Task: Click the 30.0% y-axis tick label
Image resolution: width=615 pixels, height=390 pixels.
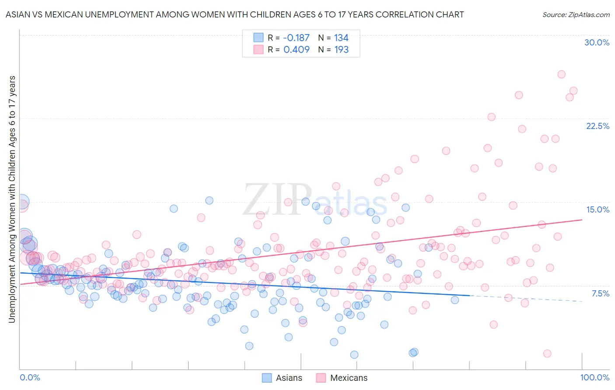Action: tap(597, 42)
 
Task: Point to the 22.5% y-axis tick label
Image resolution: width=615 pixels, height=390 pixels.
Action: tap(598, 126)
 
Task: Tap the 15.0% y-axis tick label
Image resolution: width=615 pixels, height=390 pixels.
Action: tap(598, 209)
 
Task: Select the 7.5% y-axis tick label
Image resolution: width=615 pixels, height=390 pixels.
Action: tap(600, 293)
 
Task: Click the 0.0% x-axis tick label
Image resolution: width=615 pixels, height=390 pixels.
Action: tap(30, 377)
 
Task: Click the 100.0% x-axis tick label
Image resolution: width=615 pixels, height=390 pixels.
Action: tap(594, 377)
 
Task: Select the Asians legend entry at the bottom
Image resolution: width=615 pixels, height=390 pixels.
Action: tap(282, 378)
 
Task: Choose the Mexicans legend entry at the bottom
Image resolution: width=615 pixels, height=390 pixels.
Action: tap(342, 378)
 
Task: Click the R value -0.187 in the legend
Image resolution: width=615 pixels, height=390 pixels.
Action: tap(296, 38)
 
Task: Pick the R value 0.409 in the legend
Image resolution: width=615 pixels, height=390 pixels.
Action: tap(296, 50)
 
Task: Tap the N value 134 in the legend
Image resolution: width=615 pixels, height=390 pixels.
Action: tap(341, 38)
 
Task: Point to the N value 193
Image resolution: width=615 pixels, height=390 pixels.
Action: tap(341, 50)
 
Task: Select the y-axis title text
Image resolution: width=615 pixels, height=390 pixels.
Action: tap(12, 199)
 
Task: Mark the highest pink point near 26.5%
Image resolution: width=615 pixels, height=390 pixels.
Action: tap(561, 74)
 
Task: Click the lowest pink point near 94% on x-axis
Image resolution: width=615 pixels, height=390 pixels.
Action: tap(547, 353)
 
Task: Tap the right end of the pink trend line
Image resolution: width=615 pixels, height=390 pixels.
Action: tap(582, 220)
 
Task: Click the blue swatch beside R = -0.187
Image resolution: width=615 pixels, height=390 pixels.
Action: tap(259, 38)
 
